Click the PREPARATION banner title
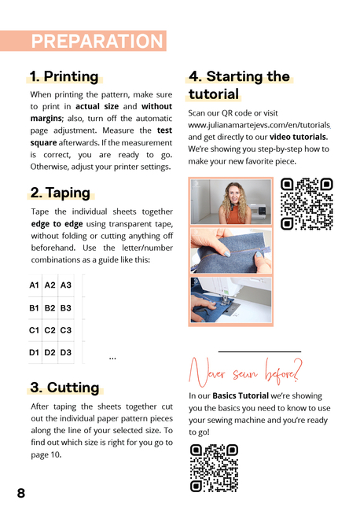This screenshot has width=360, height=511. [97, 41]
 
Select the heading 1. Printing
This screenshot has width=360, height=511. [64, 76]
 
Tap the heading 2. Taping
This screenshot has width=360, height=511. [60, 193]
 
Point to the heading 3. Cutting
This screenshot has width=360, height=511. [64, 388]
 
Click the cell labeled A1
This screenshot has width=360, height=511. [35, 285]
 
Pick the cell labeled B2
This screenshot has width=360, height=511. [50, 308]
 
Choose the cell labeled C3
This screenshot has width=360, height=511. [66, 330]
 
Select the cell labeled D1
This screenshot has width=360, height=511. [35, 352]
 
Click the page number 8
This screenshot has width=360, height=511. [21, 493]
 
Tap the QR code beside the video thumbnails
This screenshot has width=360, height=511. [307, 204]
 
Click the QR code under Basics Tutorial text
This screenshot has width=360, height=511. [214, 468]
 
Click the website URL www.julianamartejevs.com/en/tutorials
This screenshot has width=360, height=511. [259, 125]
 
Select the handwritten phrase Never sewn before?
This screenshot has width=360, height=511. [245, 372]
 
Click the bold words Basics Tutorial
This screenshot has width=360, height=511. [241, 395]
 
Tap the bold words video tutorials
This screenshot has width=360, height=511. [299, 137]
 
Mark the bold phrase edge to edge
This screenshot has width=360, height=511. [57, 224]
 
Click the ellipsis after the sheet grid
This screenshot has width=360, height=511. [112, 358]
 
